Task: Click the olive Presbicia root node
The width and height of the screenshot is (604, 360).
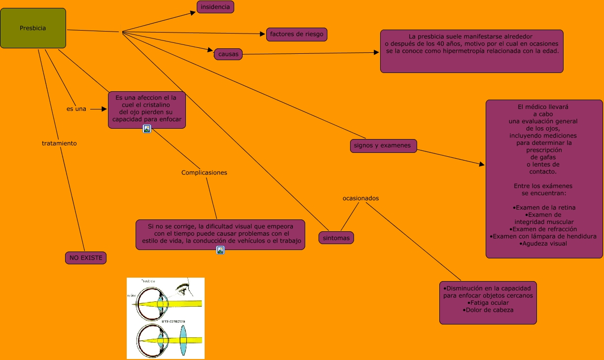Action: [x=33, y=28]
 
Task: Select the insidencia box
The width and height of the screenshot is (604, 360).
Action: [x=215, y=7]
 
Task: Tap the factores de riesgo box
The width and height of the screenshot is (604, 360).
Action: [x=296, y=34]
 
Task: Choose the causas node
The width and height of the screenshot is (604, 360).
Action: [x=228, y=54]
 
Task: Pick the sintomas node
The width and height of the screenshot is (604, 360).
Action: [x=336, y=238]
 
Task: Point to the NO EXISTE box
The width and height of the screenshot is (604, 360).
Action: [x=85, y=257]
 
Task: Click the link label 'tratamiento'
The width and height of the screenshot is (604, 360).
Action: [x=59, y=143]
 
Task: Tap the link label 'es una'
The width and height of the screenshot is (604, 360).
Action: [x=76, y=108]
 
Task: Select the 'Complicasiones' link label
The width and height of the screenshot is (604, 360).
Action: [x=204, y=173]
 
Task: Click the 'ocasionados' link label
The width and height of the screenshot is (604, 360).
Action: [x=360, y=198]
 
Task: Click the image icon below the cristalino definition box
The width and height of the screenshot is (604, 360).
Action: [x=146, y=129]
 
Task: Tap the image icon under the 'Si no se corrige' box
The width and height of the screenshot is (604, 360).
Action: [x=220, y=250]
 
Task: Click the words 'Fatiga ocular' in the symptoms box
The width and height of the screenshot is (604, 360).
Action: [x=488, y=302]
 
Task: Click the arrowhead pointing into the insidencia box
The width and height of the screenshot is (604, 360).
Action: [x=193, y=13]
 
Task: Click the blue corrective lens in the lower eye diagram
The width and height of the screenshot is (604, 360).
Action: [x=183, y=341]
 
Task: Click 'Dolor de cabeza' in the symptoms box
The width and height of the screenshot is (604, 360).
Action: [x=489, y=310]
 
